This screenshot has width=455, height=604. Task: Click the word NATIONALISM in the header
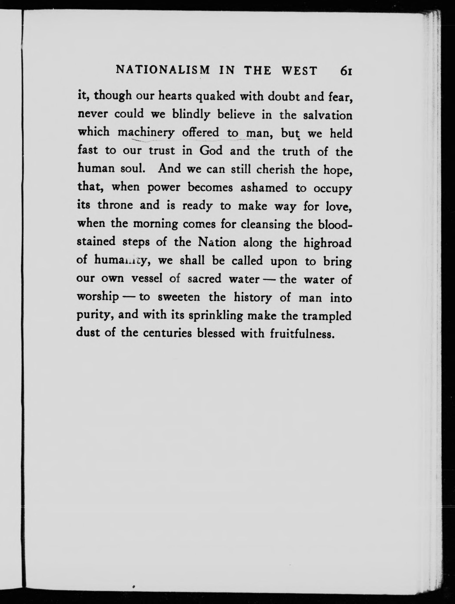pyautogui.click(x=163, y=70)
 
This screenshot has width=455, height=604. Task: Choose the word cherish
pyautogui.click(x=275, y=170)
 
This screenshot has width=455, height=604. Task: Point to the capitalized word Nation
pyautogui.click(x=217, y=242)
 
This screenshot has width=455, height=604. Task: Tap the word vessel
pyautogui.click(x=147, y=279)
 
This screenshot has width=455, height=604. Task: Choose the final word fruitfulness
pyautogui.click(x=302, y=334)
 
